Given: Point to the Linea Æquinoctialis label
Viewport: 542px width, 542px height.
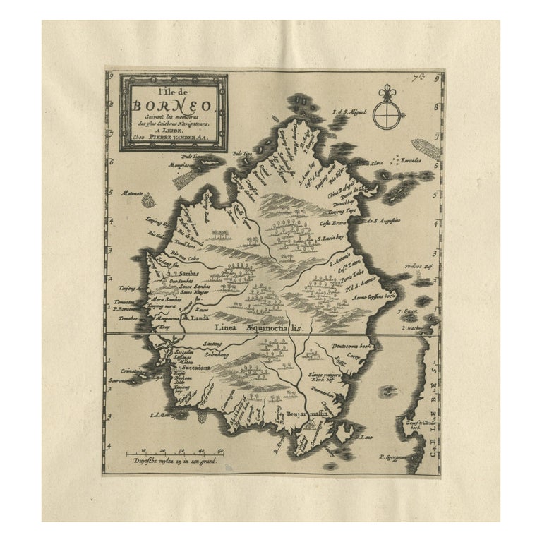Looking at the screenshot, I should [260, 328].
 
